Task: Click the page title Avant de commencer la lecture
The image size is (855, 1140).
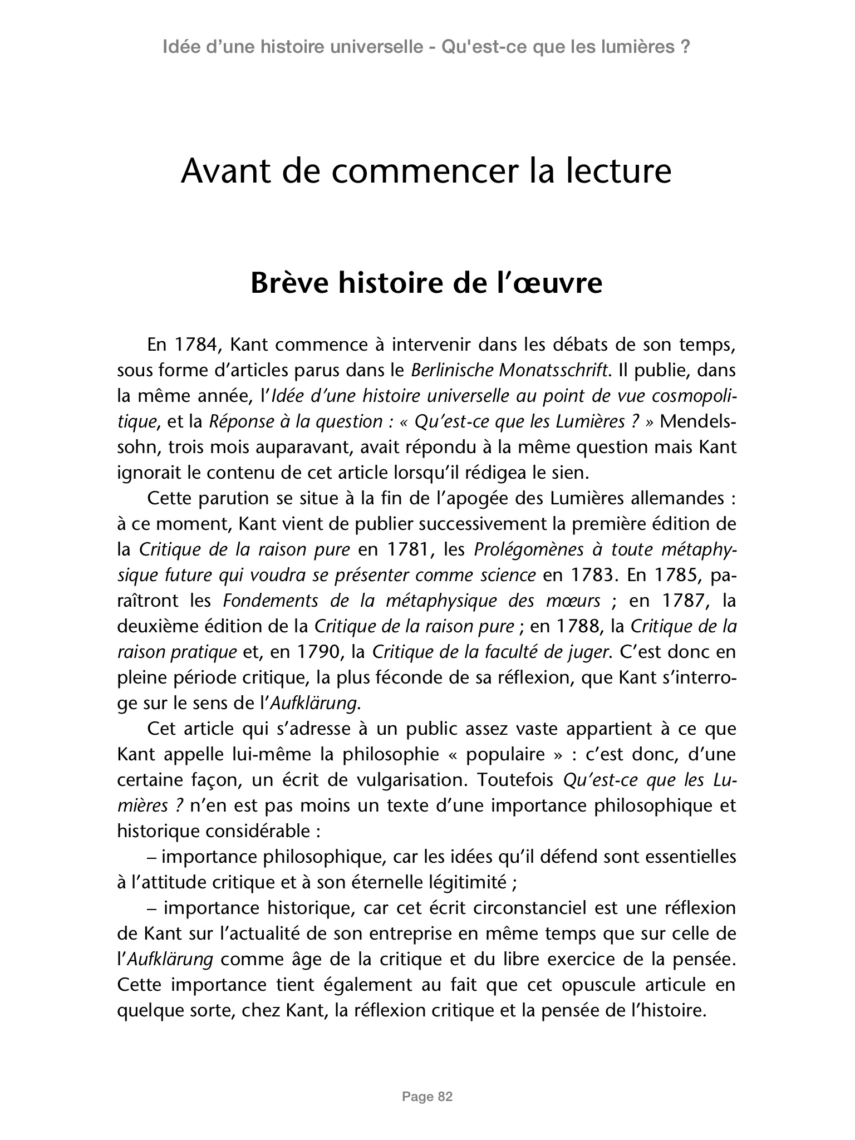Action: pos(426,171)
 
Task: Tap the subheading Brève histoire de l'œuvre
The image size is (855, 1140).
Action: pos(426,283)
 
